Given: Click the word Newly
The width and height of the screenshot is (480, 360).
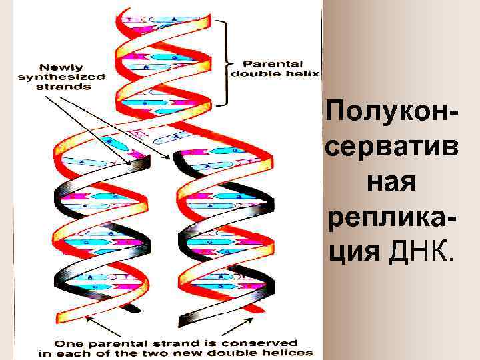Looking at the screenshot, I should coord(61,67).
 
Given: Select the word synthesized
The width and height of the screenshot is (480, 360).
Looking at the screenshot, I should coord(61,77).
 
